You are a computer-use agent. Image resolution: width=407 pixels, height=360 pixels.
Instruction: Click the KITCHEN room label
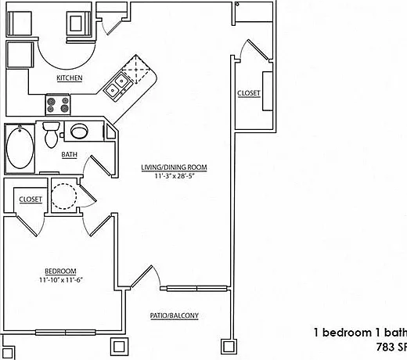click(x=70, y=77)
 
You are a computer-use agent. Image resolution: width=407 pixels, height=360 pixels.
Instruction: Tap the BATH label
click(x=69, y=154)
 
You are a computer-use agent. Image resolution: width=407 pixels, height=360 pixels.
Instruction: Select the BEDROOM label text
click(x=60, y=272)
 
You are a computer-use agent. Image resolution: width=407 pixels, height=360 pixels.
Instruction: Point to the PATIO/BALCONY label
click(x=175, y=315)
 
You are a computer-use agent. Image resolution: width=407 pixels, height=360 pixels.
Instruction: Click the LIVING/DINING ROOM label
click(x=174, y=167)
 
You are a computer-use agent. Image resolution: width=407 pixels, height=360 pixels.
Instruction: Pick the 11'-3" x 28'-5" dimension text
click(x=175, y=176)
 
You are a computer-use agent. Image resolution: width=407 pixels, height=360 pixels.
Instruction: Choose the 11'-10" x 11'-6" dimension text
click(x=61, y=280)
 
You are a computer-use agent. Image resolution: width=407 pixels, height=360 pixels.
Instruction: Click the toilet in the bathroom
click(x=52, y=135)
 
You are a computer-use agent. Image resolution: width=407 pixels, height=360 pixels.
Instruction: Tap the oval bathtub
click(x=20, y=148)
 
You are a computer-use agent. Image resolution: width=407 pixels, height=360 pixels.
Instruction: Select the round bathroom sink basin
click(x=79, y=131)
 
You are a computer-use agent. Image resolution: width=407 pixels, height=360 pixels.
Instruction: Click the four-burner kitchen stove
click(x=58, y=104)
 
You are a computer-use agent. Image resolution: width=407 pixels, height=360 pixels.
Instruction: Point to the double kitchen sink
click(x=117, y=86)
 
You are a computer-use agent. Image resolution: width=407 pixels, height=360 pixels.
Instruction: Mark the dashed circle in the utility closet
click(x=63, y=196)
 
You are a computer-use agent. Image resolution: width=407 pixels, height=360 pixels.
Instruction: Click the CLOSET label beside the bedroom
click(x=31, y=200)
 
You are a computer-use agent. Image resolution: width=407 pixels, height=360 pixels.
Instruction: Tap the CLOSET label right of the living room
click(x=249, y=93)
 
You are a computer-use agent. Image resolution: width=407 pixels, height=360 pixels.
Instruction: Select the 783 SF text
click(x=391, y=347)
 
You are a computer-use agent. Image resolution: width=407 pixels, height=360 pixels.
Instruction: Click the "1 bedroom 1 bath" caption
click(x=360, y=333)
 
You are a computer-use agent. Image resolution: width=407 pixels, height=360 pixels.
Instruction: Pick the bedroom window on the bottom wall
click(x=66, y=333)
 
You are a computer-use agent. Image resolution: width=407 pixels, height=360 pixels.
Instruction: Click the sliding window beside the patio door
click(x=197, y=289)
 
